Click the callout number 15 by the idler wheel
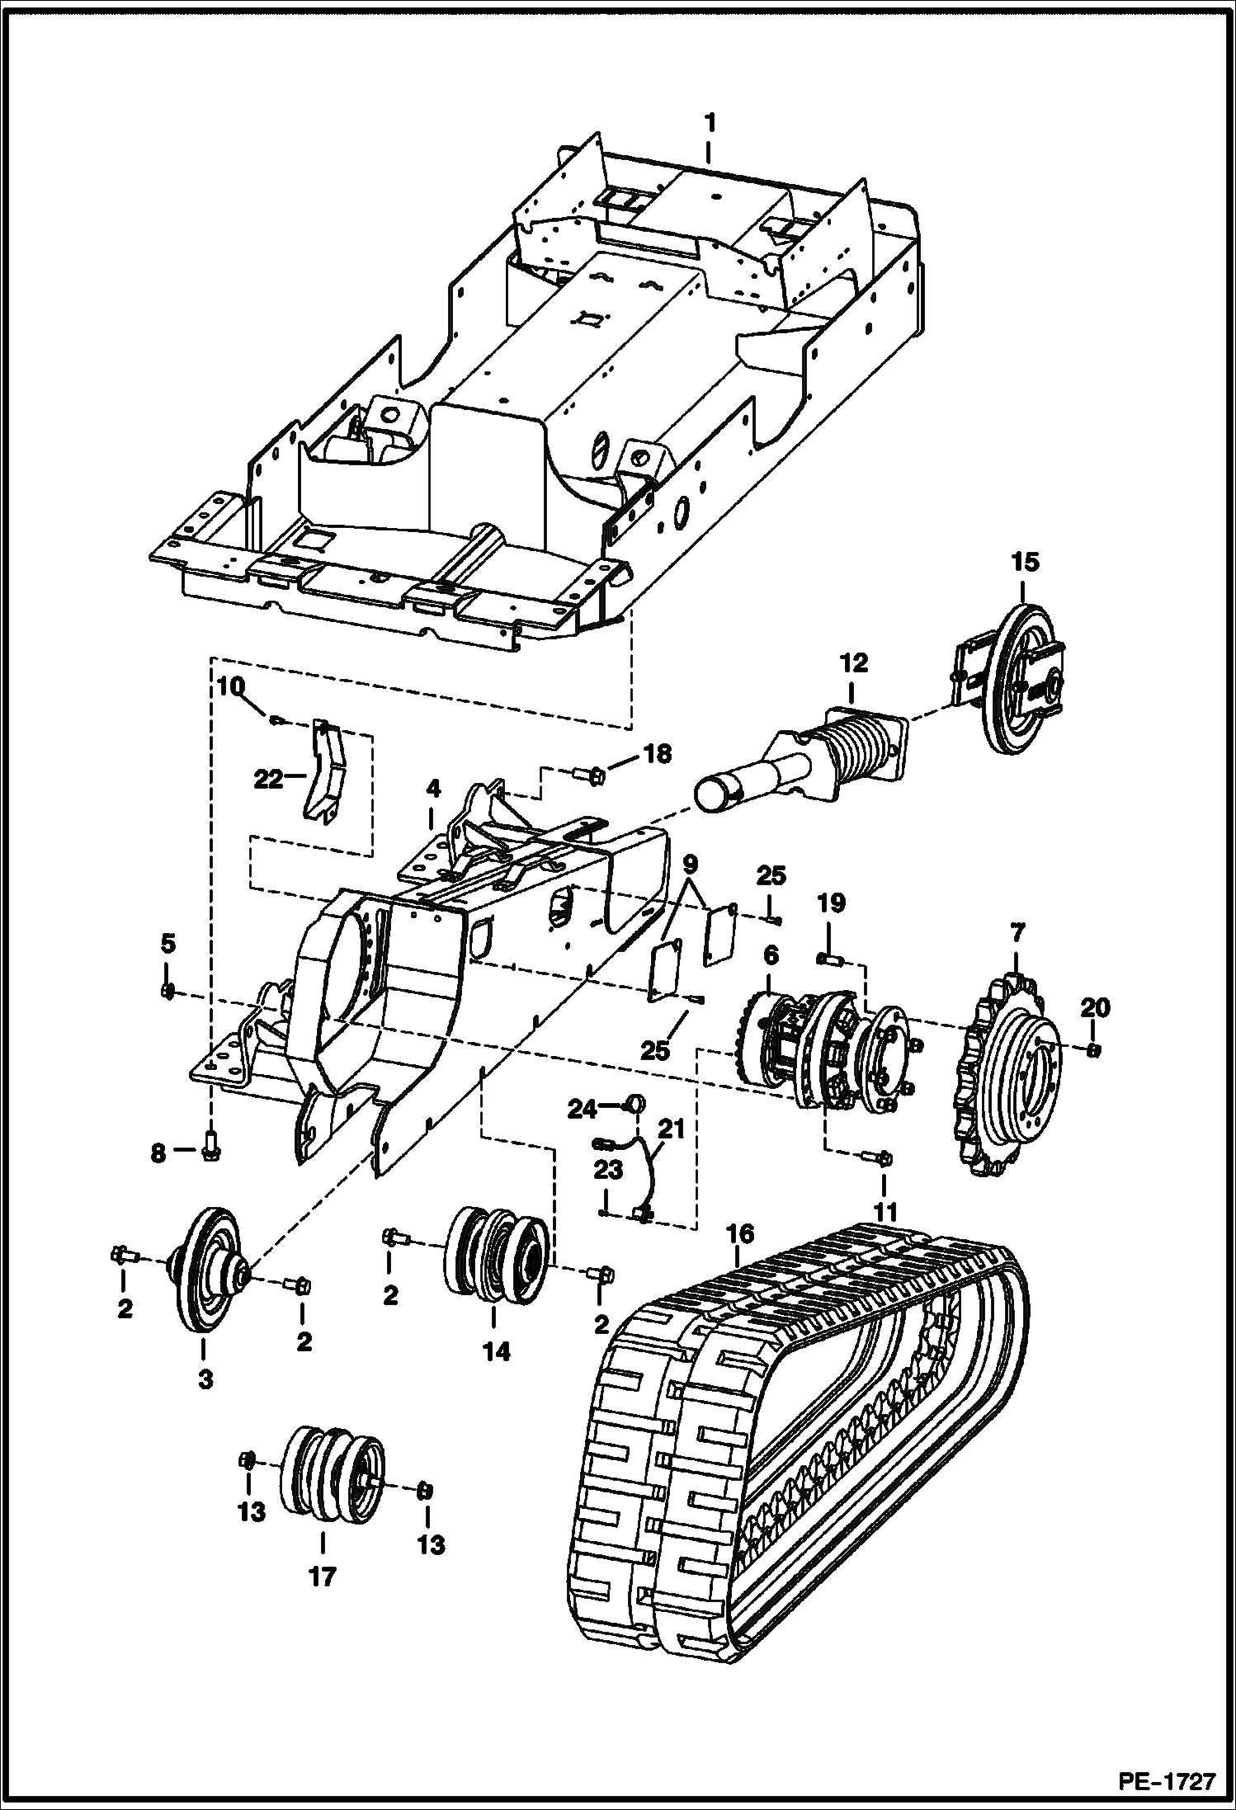[1026, 563]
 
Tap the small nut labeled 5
[167, 991]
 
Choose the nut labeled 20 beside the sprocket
[1092, 1050]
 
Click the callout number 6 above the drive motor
[770, 954]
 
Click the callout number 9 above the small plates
[690, 865]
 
